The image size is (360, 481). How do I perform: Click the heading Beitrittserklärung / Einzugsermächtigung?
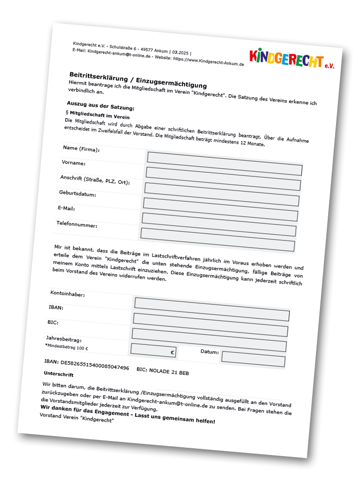138,79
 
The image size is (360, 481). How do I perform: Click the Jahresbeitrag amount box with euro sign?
153,350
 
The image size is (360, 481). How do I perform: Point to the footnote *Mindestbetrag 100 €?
66,347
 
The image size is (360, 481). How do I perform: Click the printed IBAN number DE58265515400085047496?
86,364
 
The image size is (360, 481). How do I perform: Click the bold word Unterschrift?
58,373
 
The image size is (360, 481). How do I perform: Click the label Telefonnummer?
77,224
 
